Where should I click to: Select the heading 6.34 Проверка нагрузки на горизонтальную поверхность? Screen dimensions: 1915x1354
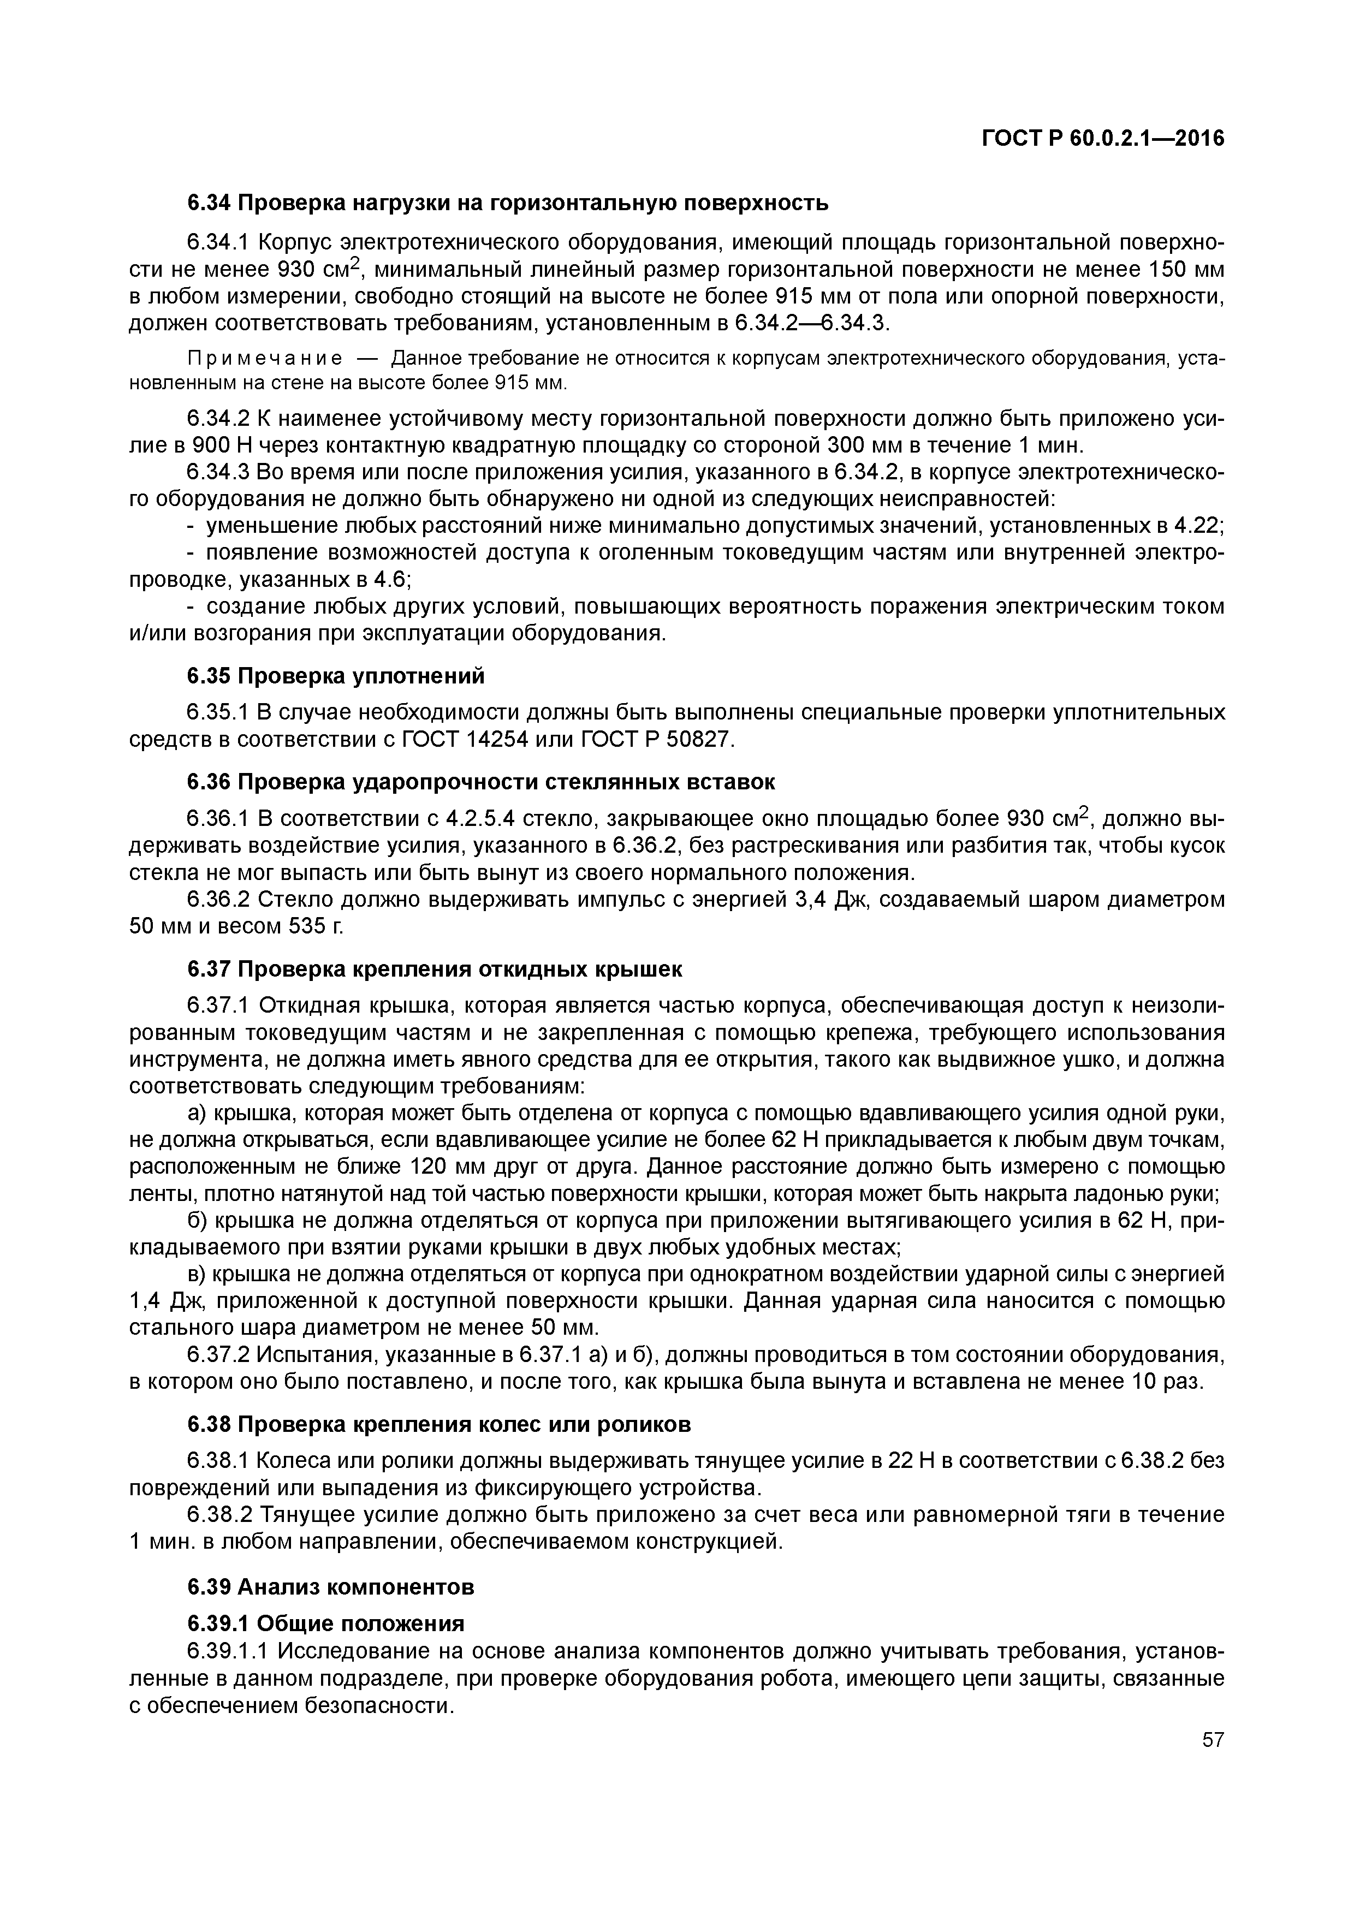507,203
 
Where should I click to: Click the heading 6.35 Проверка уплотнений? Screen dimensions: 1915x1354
335,676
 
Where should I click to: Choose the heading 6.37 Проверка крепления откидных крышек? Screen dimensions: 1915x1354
434,969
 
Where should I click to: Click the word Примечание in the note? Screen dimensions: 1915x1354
264,359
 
